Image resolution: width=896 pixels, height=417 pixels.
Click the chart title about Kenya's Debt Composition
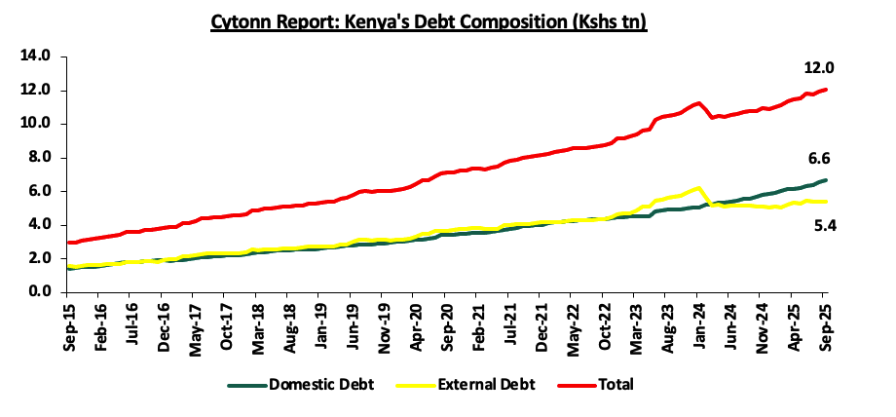coord(429,19)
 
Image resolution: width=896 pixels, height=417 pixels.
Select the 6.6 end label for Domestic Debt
coord(818,159)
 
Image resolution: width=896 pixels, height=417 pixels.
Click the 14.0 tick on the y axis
coord(34,57)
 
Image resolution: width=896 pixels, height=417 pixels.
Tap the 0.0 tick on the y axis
coord(38,291)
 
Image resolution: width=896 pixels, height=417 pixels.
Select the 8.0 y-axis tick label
coord(38,157)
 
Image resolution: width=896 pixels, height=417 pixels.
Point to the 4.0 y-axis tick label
coord(38,224)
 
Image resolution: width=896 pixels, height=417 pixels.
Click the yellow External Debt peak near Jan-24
coord(697,188)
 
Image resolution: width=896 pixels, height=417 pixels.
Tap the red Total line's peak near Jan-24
coord(697,103)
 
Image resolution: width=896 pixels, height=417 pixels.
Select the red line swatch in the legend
coord(574,385)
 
